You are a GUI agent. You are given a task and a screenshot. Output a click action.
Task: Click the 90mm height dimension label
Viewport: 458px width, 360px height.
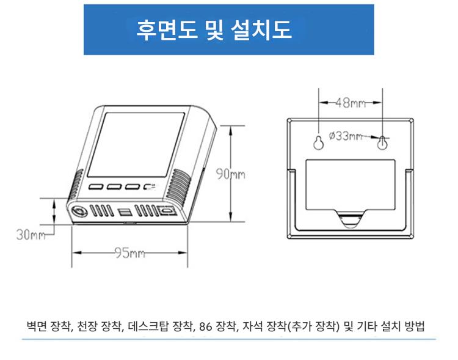point(230,175)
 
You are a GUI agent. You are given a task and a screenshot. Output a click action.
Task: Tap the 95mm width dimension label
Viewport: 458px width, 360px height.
point(129,252)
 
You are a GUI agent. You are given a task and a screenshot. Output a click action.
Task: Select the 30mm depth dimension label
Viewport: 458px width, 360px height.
point(31,234)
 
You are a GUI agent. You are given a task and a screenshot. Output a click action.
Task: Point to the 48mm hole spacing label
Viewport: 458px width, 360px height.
point(351,103)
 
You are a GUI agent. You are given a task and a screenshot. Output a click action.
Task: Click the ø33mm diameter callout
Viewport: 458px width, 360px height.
point(346,136)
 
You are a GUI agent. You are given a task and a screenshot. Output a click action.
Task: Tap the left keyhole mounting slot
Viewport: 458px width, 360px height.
point(318,142)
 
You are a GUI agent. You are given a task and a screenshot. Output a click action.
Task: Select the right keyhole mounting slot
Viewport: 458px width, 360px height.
point(382,142)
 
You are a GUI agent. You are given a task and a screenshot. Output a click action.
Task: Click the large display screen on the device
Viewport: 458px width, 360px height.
point(136,145)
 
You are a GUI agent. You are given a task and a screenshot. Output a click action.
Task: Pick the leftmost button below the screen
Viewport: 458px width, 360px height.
point(96,186)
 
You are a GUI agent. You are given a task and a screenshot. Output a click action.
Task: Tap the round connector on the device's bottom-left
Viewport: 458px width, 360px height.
point(79,211)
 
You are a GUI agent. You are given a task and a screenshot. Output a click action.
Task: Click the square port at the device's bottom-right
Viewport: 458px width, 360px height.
point(167,211)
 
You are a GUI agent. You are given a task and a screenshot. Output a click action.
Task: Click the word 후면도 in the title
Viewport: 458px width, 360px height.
point(167,30)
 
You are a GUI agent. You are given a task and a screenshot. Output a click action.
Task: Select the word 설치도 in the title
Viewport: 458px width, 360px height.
point(261,30)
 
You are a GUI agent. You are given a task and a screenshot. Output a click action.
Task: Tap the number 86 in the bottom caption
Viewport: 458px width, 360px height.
point(206,326)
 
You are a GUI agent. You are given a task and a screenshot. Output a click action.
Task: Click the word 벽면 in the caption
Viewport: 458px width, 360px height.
point(37,326)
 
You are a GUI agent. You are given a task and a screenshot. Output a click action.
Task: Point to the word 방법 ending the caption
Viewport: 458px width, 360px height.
point(415,326)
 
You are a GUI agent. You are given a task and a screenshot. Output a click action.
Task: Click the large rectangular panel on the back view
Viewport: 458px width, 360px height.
point(351,185)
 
